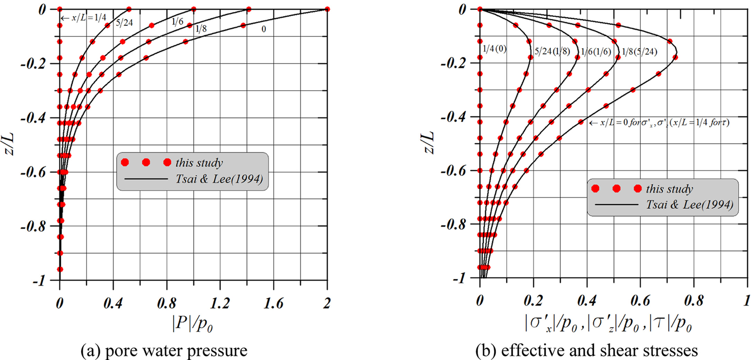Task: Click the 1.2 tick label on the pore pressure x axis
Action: point(220,304)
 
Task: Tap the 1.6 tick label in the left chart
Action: point(273,304)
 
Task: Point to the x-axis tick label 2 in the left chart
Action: point(327,304)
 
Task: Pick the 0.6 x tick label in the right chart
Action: point(640,300)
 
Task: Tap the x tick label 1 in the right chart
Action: point(747,300)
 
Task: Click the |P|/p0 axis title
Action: point(192,324)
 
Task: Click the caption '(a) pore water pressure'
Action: point(164,351)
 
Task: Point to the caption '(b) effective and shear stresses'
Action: point(587,351)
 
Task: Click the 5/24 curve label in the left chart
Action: point(124,23)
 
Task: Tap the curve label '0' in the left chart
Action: point(264,29)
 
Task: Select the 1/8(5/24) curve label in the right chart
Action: point(639,52)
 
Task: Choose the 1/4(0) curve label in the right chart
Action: point(495,49)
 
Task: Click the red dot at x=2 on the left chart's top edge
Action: point(327,9)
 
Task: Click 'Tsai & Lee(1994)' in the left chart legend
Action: point(219,179)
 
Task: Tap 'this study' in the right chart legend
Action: point(669,189)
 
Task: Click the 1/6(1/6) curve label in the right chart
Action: point(596,52)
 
